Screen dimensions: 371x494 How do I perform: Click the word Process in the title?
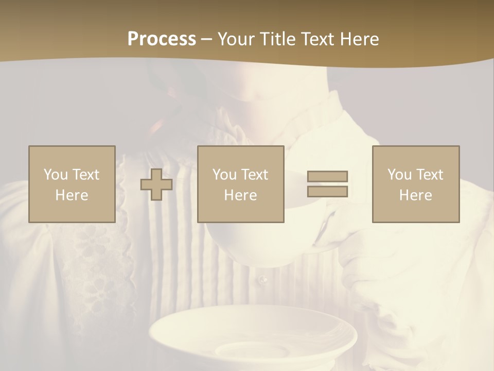coord(162,39)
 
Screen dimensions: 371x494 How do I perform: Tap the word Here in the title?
coord(358,39)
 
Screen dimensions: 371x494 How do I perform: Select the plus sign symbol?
coord(156,184)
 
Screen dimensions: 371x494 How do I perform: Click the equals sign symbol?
coord(327,184)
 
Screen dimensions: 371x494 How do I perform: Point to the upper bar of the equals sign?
coord(327,176)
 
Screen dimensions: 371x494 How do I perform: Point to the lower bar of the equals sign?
coord(327,191)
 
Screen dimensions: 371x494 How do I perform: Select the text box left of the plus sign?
coord(72,184)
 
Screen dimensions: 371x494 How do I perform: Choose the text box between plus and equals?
coord(241,184)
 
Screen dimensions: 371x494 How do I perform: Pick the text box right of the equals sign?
coord(416,184)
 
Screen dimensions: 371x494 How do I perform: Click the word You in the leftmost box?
coord(56,175)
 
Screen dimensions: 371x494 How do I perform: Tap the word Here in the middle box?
coord(241,195)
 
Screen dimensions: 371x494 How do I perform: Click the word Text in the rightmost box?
coord(430,175)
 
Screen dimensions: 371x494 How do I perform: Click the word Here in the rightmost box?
coord(416,195)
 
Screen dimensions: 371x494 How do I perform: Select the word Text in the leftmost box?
coord(86,175)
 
